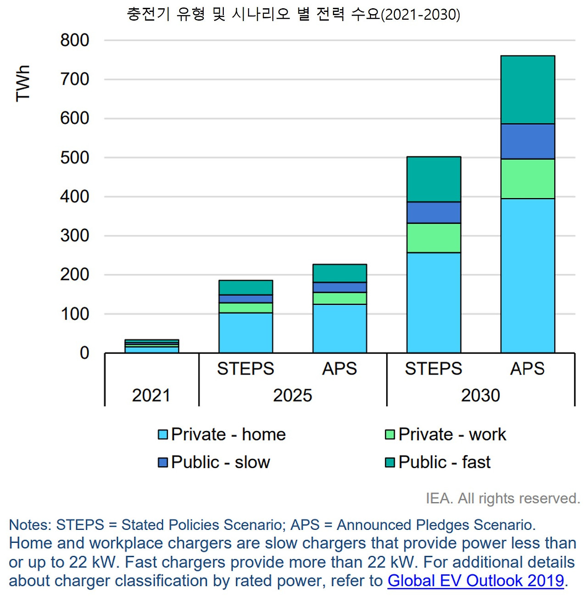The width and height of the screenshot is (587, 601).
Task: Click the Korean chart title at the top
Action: (x=293, y=14)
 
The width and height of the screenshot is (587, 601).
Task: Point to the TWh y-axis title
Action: (x=22, y=83)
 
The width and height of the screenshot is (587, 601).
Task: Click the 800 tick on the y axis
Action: (x=75, y=40)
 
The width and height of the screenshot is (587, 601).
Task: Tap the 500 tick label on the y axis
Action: (x=75, y=158)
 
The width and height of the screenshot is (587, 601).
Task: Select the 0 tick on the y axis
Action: (x=84, y=353)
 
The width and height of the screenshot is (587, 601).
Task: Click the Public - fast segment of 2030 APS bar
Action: (x=527, y=90)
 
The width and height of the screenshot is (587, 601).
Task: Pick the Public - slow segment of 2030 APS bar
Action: (x=527, y=142)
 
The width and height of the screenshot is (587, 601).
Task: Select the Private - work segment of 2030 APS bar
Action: (x=527, y=179)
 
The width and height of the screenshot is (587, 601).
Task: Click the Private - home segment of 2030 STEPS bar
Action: (x=433, y=303)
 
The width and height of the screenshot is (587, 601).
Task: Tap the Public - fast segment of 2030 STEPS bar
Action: (x=433, y=179)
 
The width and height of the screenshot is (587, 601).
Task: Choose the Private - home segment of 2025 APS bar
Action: (x=339, y=328)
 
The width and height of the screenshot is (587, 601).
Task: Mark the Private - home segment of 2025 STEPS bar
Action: (x=245, y=333)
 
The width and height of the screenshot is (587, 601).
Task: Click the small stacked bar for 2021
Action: (x=151, y=347)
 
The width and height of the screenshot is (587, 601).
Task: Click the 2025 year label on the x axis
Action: (x=293, y=395)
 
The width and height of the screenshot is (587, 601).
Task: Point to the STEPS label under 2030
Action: (x=433, y=369)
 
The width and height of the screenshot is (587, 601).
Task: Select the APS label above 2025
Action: (x=339, y=369)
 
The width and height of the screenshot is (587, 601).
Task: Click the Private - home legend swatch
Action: (x=163, y=435)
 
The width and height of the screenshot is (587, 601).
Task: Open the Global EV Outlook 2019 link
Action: (x=476, y=581)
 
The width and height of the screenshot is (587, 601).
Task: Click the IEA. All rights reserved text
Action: (x=503, y=498)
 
